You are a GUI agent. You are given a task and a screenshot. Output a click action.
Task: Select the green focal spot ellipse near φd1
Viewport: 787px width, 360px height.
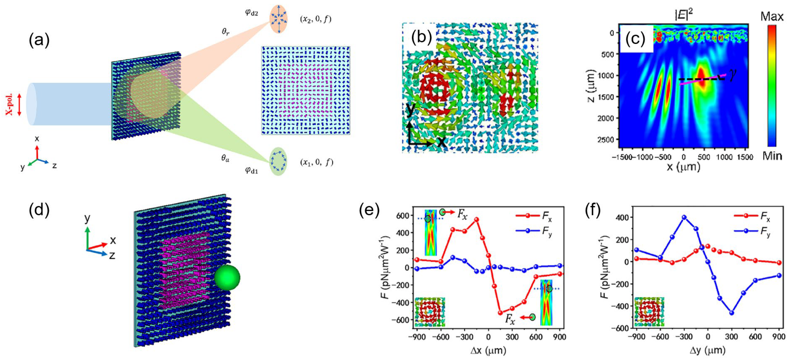coord(278,162)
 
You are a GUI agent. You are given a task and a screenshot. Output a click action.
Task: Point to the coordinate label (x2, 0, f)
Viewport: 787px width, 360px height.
coord(316,19)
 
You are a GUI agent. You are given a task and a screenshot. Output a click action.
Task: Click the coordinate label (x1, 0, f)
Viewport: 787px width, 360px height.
coord(317,162)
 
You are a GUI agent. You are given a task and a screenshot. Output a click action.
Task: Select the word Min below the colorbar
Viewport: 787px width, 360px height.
coord(772,156)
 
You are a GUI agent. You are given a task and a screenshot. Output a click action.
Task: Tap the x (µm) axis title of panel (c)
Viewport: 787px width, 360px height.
coord(683,167)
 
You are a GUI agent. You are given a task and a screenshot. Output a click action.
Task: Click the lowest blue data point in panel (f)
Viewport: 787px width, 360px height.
coord(732,313)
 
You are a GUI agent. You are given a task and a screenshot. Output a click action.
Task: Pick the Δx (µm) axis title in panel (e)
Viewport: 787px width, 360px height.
coord(488,350)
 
